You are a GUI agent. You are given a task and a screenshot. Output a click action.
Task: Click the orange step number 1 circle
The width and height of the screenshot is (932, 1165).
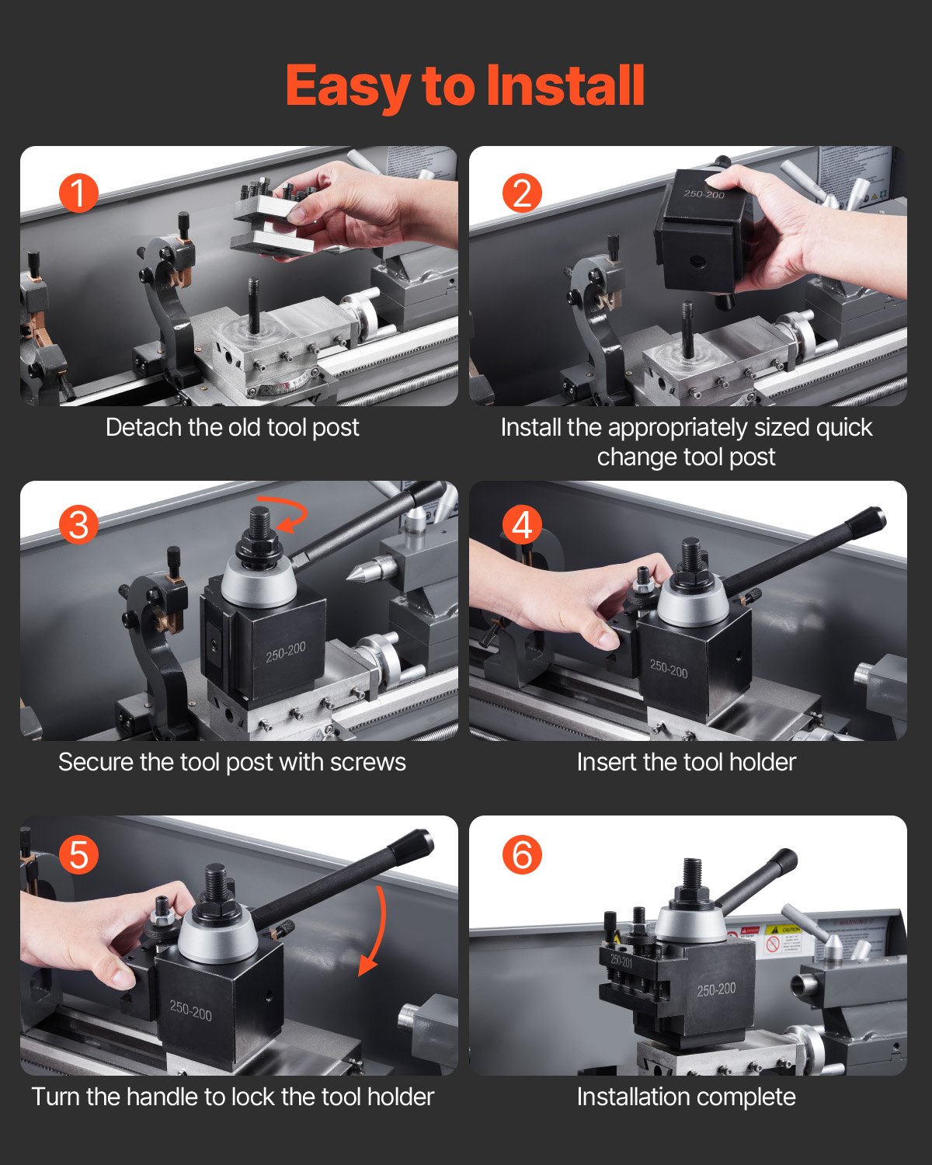click(x=78, y=193)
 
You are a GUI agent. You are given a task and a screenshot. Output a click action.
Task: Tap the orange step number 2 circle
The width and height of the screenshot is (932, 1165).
click(x=522, y=193)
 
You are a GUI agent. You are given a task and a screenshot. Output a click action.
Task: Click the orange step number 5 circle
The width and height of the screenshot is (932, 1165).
click(x=78, y=855)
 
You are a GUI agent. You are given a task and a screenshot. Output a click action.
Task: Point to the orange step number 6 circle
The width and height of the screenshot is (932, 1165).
click(x=522, y=855)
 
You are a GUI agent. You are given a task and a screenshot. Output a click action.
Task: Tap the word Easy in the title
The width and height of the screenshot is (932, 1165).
click(x=347, y=85)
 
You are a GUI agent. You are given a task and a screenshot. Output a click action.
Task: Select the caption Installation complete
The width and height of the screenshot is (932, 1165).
click(x=686, y=1097)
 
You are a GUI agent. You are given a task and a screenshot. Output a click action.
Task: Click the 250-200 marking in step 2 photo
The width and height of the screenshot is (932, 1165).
click(x=704, y=194)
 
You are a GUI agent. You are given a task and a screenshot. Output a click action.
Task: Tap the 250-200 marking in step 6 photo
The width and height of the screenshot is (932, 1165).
click(x=715, y=990)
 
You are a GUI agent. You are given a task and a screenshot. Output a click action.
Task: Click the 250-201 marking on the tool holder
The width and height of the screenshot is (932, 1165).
click(x=621, y=961)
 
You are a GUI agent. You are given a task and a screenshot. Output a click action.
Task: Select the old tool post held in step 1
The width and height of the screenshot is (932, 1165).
click(x=272, y=221)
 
